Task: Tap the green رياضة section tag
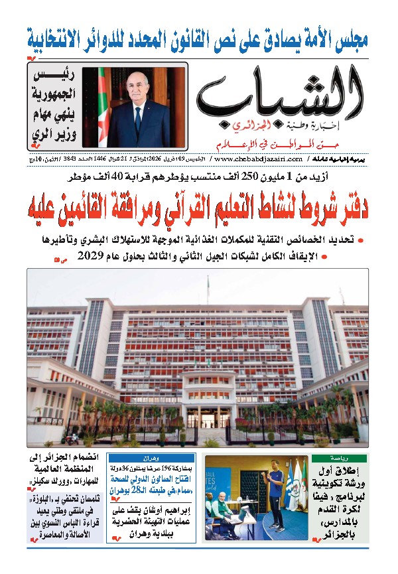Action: pos(349,459)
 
